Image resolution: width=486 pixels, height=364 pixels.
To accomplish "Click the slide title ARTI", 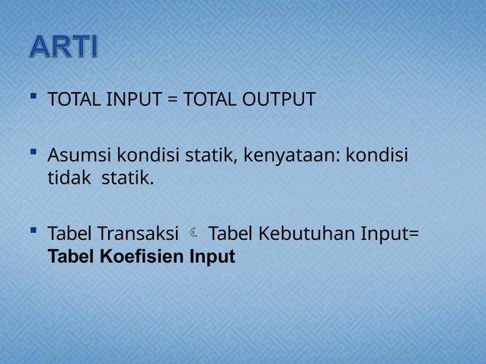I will coord(64,46).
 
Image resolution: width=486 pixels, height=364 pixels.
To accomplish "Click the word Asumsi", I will coord(78,157).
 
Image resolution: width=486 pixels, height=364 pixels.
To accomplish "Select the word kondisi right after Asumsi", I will coord(143,157).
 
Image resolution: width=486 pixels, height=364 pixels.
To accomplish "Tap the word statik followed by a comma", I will coord(210,157).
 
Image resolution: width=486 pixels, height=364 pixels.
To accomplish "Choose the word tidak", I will coord(67,180).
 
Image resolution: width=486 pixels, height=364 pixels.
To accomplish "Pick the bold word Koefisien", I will coord(141,257).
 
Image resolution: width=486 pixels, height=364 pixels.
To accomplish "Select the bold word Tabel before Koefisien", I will coord(69,257).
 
